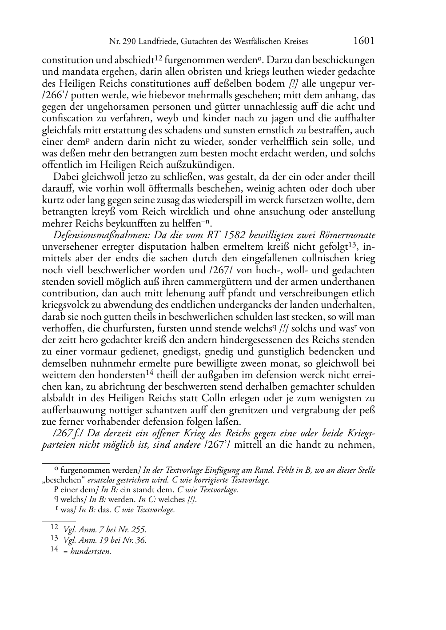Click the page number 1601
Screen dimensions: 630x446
(364, 41)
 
